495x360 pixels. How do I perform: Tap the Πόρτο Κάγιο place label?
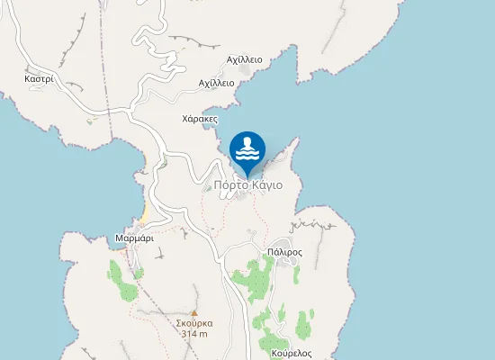point(248,185)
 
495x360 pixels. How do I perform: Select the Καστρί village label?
point(40,78)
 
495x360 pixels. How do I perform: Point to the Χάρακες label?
point(200,118)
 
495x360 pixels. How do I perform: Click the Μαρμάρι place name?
point(134,238)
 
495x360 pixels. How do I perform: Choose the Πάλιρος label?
point(284,253)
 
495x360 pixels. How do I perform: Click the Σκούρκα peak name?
point(194,321)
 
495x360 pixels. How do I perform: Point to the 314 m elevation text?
point(194,334)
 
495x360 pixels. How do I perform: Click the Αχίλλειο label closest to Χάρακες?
point(216,83)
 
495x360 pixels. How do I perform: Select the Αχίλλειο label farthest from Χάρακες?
point(245,59)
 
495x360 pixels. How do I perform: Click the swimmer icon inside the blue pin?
point(247,146)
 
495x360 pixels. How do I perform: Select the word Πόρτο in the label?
point(231,185)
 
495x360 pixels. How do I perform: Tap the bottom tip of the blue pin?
point(247,176)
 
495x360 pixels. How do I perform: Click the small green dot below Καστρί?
point(90,119)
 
